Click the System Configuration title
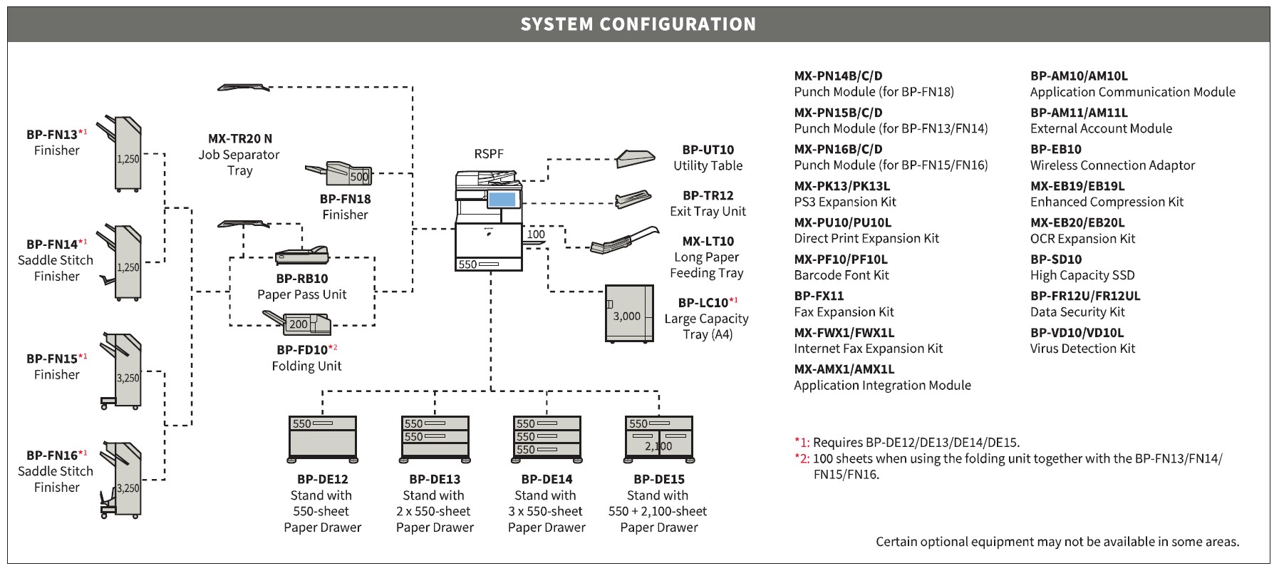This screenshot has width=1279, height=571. coord(638,24)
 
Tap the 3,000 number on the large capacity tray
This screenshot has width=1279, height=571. coord(627,316)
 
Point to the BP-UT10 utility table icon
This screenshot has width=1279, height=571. coord(635,158)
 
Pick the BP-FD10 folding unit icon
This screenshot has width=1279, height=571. coord(297,323)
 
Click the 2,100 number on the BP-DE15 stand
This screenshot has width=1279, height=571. coord(658,446)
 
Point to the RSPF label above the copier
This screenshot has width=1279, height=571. coord(489,153)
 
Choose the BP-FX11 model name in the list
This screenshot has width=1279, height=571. coord(819,296)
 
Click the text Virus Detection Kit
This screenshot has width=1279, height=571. coord(1082,349)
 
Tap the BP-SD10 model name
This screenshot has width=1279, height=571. coord(1056,259)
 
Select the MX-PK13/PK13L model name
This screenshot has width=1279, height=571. coord(842,186)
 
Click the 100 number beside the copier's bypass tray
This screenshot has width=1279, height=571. coord(536,234)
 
